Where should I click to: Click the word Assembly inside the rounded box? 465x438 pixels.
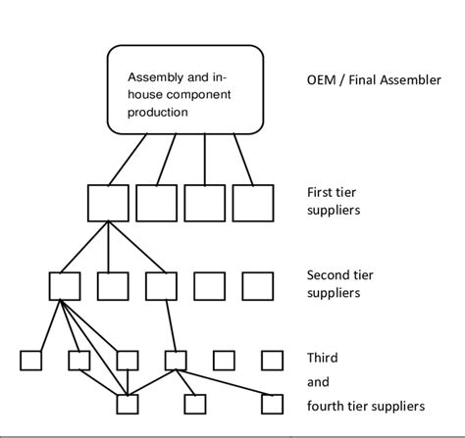154,77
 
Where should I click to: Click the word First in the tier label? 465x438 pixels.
319,192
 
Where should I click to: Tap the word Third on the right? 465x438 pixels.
322,360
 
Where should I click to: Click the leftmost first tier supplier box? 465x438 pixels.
107,202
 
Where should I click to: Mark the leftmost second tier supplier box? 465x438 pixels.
64,286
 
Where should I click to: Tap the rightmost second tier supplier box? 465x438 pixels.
257,286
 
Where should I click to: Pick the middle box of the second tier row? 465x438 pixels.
161,286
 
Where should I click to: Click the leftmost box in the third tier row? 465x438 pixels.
30,360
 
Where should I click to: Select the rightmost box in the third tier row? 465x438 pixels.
272,360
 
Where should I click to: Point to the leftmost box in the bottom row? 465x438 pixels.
127,404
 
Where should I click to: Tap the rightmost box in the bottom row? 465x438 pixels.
272,404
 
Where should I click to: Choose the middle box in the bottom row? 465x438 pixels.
195,404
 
